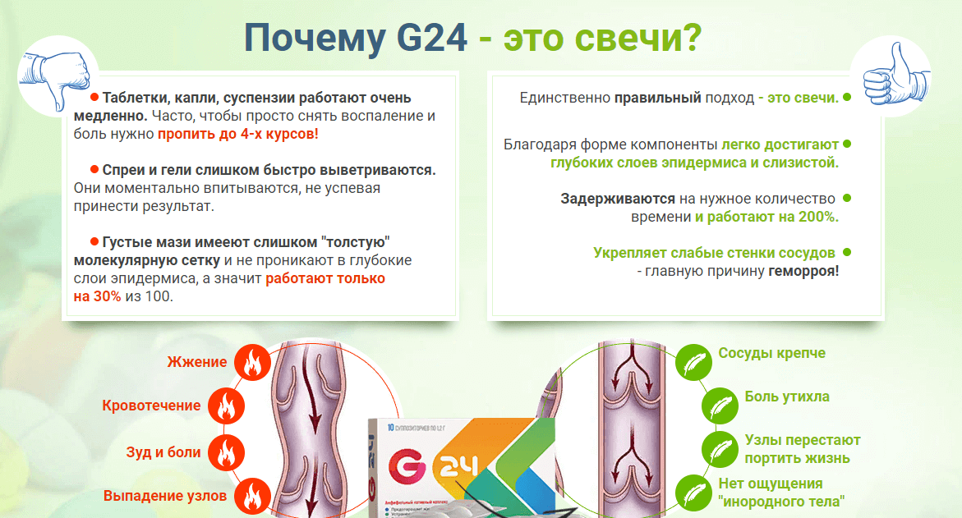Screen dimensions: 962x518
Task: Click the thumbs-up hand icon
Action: (x=895, y=75)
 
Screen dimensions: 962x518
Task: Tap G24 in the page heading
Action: (x=432, y=38)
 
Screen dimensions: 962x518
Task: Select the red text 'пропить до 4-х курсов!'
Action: (x=238, y=134)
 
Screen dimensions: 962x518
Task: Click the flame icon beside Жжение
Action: (x=252, y=362)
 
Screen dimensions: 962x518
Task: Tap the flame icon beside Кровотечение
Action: (x=227, y=406)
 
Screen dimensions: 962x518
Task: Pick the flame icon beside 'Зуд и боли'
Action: (x=227, y=452)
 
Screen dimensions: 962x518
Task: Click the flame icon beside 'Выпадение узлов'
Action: (x=252, y=495)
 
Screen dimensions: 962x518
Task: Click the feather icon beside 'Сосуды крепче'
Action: (x=694, y=362)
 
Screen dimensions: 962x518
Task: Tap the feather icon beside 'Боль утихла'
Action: (x=720, y=406)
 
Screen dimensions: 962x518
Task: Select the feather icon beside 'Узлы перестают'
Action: (x=720, y=449)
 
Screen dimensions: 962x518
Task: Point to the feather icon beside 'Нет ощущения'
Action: (x=694, y=493)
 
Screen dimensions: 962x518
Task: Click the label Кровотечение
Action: (x=151, y=406)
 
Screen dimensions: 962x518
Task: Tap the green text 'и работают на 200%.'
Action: (x=766, y=217)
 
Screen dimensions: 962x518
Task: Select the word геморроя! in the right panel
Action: (x=803, y=271)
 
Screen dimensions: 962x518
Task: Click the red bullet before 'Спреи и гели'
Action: (x=94, y=169)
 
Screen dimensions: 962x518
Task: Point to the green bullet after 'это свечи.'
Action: (x=847, y=97)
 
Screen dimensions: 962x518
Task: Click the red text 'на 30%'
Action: (x=97, y=296)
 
